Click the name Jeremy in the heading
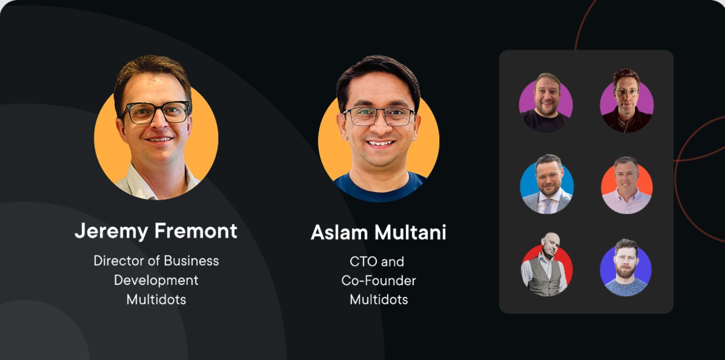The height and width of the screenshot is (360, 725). point(112,231)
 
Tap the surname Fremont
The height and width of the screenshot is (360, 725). point(196,231)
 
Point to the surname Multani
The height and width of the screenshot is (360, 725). point(411,232)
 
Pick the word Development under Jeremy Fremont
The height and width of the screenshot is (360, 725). point(156,280)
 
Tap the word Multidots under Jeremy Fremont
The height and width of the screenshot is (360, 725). point(156,299)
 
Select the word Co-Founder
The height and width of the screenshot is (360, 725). point(378,281)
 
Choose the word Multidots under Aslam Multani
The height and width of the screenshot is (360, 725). point(379,300)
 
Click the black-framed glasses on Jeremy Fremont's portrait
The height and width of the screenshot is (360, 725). point(156,112)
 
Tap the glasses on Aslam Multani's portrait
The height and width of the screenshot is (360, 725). point(379,116)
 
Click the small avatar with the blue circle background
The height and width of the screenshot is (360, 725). point(546,184)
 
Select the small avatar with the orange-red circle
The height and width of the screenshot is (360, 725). point(626,185)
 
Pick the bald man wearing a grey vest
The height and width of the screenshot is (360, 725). point(546,264)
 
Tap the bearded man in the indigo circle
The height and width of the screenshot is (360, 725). point(626,268)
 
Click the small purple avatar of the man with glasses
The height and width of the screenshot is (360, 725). point(626,101)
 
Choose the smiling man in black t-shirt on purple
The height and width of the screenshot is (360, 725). point(546,103)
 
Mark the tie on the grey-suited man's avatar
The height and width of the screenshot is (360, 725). point(547,206)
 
